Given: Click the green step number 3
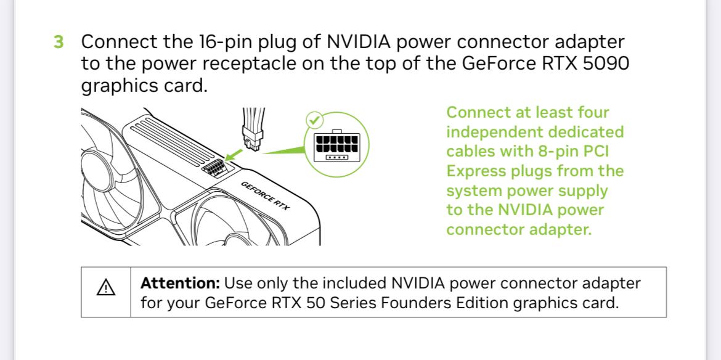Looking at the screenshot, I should pyautogui.click(x=58, y=43).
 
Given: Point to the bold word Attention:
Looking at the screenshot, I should pyautogui.click(x=180, y=284).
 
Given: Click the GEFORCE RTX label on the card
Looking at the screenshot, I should pyautogui.click(x=265, y=197).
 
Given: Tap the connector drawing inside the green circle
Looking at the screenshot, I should pyautogui.click(x=336, y=146).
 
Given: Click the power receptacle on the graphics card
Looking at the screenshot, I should pyautogui.click(x=214, y=168).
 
